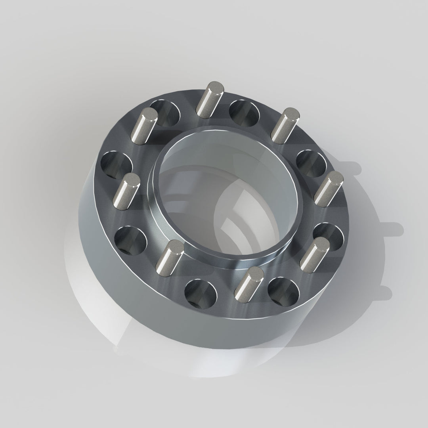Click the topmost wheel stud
(210, 99)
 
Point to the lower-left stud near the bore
(170, 258)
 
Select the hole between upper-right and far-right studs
(311, 163)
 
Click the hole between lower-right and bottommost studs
(283, 292)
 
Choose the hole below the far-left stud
(130, 239)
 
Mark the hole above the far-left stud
(116, 165)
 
